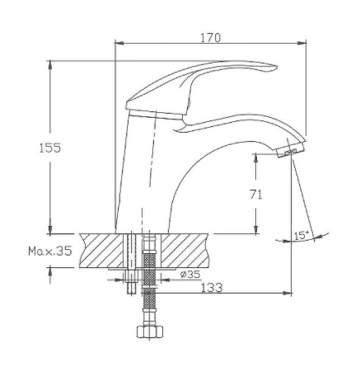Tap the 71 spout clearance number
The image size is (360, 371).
pos(255,195)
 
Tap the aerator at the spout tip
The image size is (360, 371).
pos(290,153)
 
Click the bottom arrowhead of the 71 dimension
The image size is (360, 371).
pos(255,232)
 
